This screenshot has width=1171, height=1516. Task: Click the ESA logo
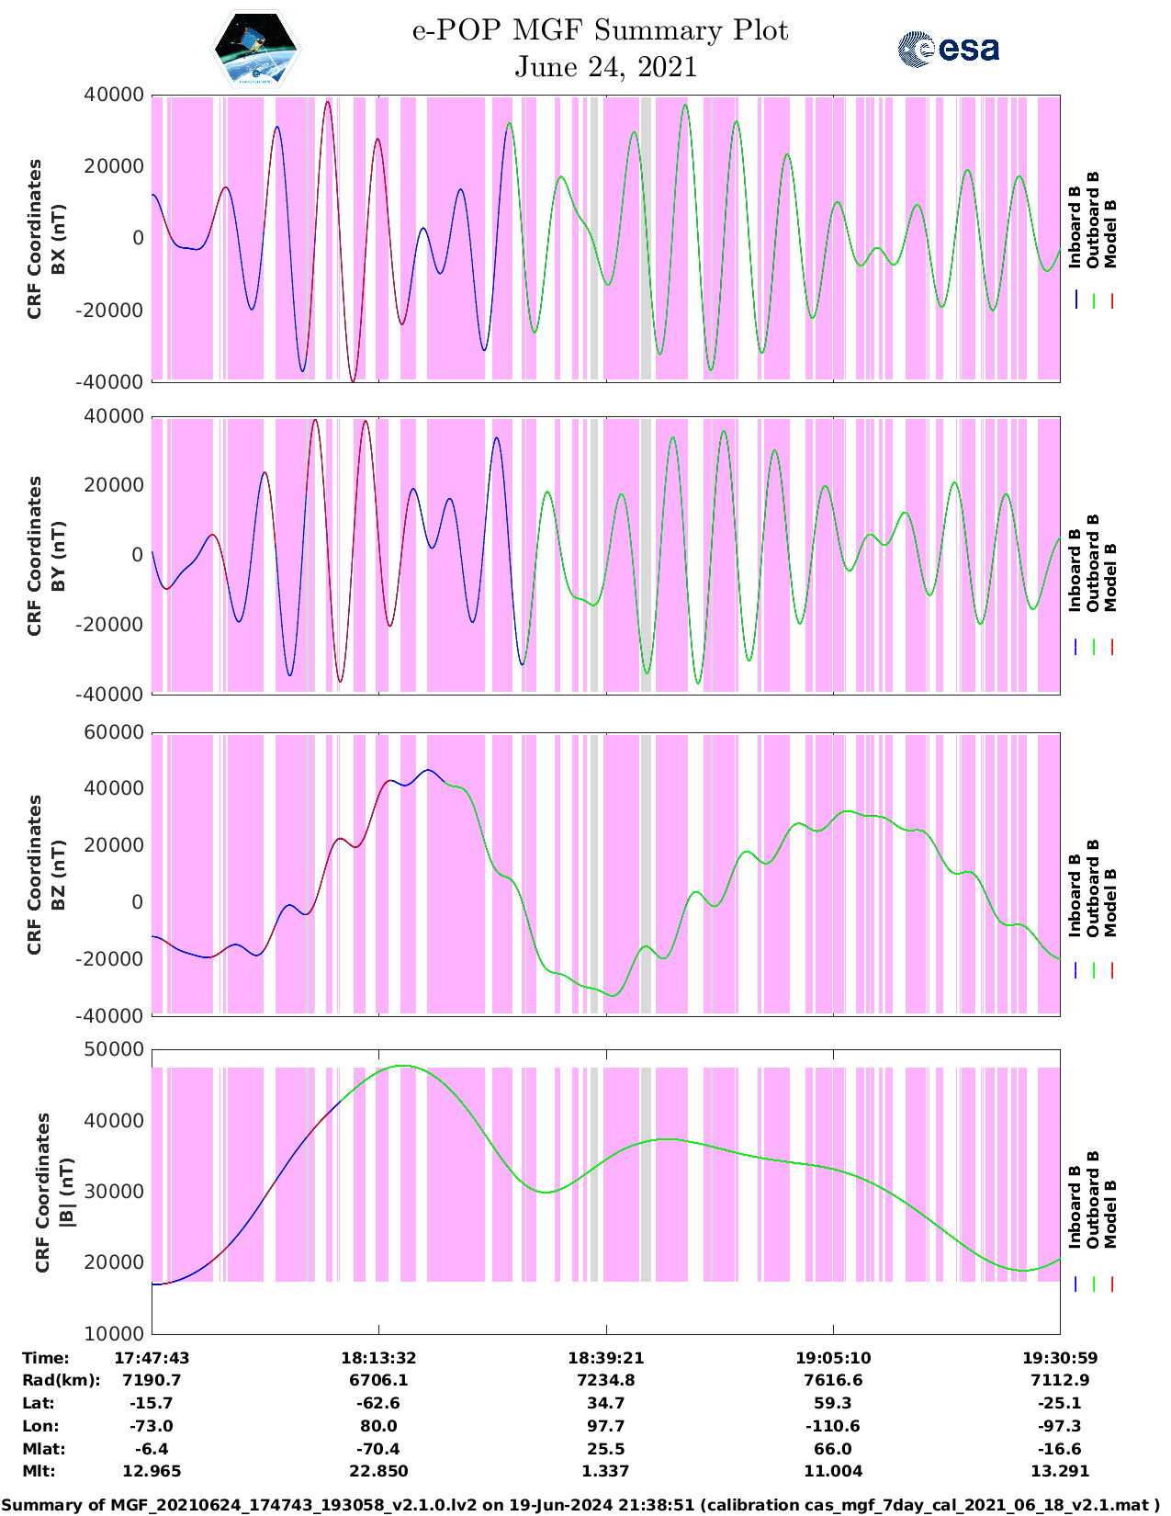coord(948,48)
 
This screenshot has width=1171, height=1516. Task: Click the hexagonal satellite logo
coord(256,49)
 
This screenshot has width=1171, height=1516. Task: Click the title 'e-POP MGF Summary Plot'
coord(600,30)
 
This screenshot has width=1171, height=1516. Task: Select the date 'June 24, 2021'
coord(605,67)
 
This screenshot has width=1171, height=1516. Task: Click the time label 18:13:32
coord(378,1358)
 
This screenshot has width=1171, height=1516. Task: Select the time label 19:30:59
coord(1060,1358)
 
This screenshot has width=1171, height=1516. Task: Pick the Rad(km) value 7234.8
coord(605,1380)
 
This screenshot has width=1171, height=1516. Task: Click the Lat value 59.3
coord(833,1403)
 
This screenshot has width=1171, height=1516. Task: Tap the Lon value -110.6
coord(833,1426)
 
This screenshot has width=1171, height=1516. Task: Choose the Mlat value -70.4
coord(378,1449)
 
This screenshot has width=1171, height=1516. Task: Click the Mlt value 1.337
coord(605,1471)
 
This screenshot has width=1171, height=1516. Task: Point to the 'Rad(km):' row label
coord(61,1380)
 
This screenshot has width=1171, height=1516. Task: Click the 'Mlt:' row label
coord(39,1471)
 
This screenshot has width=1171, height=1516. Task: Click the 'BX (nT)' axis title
coord(58,238)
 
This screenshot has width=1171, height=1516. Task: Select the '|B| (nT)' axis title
coord(66,1192)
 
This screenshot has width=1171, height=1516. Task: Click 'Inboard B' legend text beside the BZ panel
coord(1075,896)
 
